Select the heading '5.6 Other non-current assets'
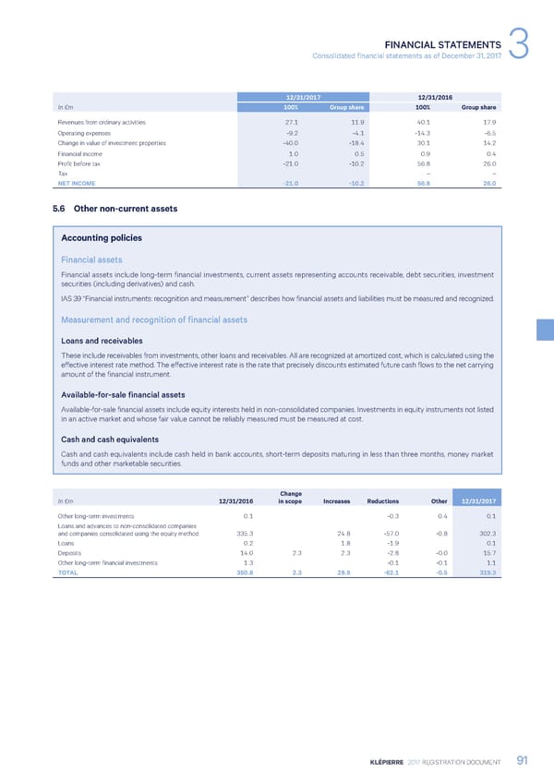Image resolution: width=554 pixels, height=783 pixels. click(114, 209)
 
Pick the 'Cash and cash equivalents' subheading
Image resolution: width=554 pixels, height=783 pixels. click(111, 439)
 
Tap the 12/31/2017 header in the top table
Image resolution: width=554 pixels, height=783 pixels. click(304, 96)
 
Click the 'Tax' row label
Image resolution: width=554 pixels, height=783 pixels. click(63, 172)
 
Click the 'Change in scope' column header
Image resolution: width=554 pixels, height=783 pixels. click(290, 498)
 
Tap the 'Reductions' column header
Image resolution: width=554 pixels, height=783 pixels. click(382, 501)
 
